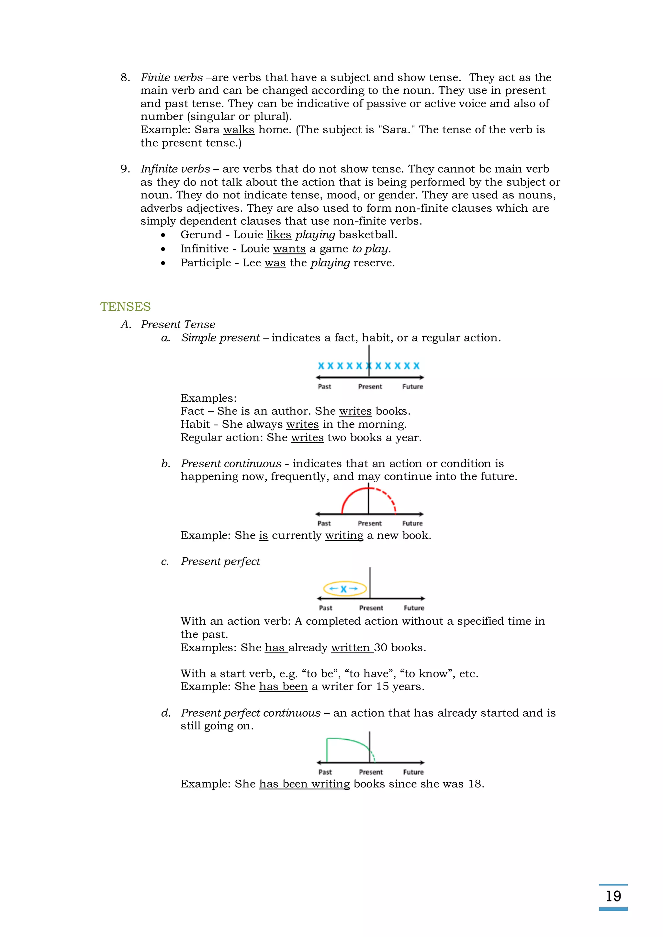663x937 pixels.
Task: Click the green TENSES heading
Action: [125, 307]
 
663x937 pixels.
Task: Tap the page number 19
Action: [613, 896]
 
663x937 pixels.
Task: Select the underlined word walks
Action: [239, 130]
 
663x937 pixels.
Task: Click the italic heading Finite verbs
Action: [172, 78]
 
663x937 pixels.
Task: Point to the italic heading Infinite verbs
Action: [175, 169]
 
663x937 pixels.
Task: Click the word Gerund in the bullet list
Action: [201, 235]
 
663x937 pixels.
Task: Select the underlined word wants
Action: [289, 249]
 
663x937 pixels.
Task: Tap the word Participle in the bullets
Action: [206, 263]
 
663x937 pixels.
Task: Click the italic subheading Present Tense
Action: [178, 324]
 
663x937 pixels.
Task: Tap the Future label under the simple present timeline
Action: [413, 386]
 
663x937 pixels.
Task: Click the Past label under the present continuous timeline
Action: [324, 523]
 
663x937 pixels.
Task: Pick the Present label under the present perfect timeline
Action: [371, 608]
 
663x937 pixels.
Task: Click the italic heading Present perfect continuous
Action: [251, 713]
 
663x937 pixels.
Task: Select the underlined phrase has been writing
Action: [304, 784]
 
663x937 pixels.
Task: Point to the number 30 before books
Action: [380, 648]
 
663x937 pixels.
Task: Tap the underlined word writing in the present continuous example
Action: [344, 535]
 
